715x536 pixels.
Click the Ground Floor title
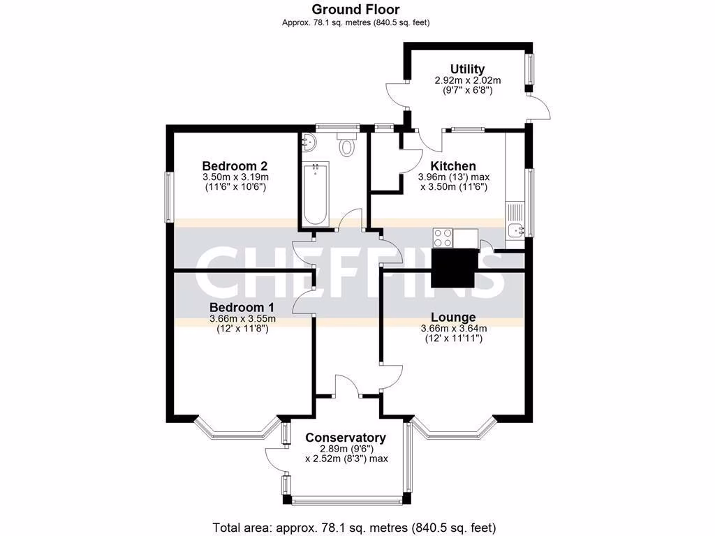tap(355, 9)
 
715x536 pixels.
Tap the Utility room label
tap(467, 69)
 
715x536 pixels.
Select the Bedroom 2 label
tap(235, 166)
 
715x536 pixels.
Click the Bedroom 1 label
tap(242, 308)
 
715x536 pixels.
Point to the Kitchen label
tap(452, 166)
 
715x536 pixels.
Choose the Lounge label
tap(452, 318)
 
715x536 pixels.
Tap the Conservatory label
tap(346, 438)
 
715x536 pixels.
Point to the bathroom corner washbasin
tap(308, 143)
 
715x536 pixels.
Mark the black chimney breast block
tap(454, 268)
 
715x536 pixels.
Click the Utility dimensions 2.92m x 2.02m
tap(467, 80)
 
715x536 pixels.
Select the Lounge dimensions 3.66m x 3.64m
tap(453, 329)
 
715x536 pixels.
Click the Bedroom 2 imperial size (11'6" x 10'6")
tap(235, 187)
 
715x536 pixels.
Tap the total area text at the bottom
tap(355, 527)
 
